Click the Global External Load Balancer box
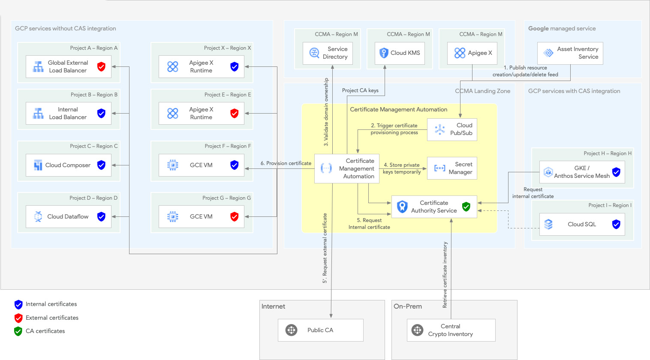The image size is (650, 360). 68,67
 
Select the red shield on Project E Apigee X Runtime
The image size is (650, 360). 235,113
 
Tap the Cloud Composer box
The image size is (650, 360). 68,165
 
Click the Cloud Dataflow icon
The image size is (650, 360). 38,216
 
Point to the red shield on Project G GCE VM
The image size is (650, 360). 235,216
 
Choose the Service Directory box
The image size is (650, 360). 328,53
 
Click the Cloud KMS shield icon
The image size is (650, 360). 384,53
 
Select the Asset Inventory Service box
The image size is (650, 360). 570,53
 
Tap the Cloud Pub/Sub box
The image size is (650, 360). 452,129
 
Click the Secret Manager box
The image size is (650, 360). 452,168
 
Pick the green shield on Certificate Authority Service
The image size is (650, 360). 466,207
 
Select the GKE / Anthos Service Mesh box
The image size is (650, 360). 582,172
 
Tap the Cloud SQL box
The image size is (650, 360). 582,224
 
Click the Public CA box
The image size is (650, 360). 320,330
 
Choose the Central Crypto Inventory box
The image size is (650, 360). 451,330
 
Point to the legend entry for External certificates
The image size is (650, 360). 52,318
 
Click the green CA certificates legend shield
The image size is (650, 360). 18,331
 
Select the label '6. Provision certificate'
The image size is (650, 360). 286,163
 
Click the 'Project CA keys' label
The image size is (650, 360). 360,90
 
